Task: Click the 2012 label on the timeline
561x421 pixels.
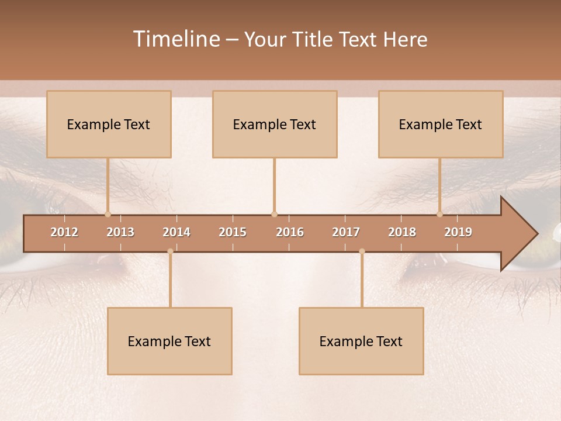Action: pyautogui.click(x=64, y=232)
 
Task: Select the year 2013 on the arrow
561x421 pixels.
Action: pyautogui.click(x=120, y=232)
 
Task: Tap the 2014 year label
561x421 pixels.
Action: pyautogui.click(x=176, y=232)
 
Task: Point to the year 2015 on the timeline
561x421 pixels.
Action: pyautogui.click(x=233, y=232)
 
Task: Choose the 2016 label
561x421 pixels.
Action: pyautogui.click(x=290, y=232)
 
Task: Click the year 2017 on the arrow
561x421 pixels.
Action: pyautogui.click(x=346, y=232)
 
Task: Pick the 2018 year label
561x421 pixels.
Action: pyautogui.click(x=402, y=232)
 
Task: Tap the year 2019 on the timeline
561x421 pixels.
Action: pyautogui.click(x=458, y=232)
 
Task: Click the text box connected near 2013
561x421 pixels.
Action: pyautogui.click(x=109, y=125)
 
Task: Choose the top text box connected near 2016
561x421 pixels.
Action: pyautogui.click(x=275, y=125)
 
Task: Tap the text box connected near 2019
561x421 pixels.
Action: pyautogui.click(x=441, y=125)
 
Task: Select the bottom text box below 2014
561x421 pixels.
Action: pyautogui.click(x=169, y=341)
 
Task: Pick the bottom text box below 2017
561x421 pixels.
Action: pyautogui.click(x=361, y=341)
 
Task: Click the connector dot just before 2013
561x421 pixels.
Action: pyautogui.click(x=108, y=214)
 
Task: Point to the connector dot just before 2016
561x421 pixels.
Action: pyautogui.click(x=274, y=214)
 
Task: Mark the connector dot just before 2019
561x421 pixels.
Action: pyautogui.click(x=439, y=214)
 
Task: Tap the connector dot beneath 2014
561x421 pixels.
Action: pyautogui.click(x=170, y=251)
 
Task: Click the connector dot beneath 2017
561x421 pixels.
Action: pyautogui.click(x=362, y=251)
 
